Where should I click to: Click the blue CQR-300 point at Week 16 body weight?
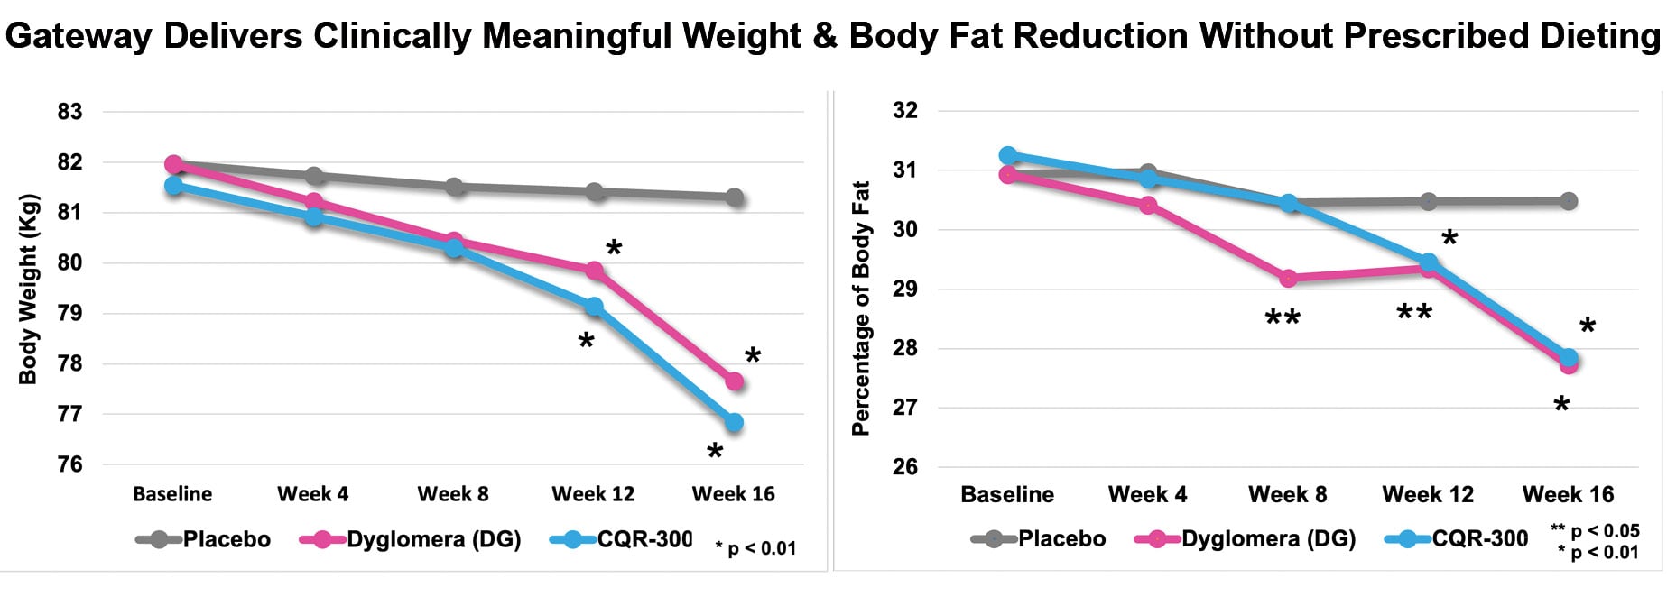(734, 422)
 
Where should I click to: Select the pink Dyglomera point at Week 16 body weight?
(734, 381)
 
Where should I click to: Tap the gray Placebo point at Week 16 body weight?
(734, 197)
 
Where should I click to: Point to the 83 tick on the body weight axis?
(69, 112)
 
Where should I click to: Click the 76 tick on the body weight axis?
(69, 464)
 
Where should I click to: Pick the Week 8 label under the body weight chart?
(453, 494)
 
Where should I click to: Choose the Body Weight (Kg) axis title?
(28, 289)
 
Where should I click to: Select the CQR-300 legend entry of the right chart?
(1479, 539)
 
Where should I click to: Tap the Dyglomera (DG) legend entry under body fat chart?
(1268, 539)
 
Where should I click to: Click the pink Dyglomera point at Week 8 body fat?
(1288, 278)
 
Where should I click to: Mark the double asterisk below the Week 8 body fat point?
(1282, 319)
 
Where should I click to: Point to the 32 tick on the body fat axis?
(905, 110)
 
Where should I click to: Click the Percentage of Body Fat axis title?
(861, 308)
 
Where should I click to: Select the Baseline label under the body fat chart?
(1007, 494)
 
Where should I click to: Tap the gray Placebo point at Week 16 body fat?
(1569, 201)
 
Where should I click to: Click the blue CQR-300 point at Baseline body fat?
(1008, 155)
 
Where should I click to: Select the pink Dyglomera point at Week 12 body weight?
(594, 271)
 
